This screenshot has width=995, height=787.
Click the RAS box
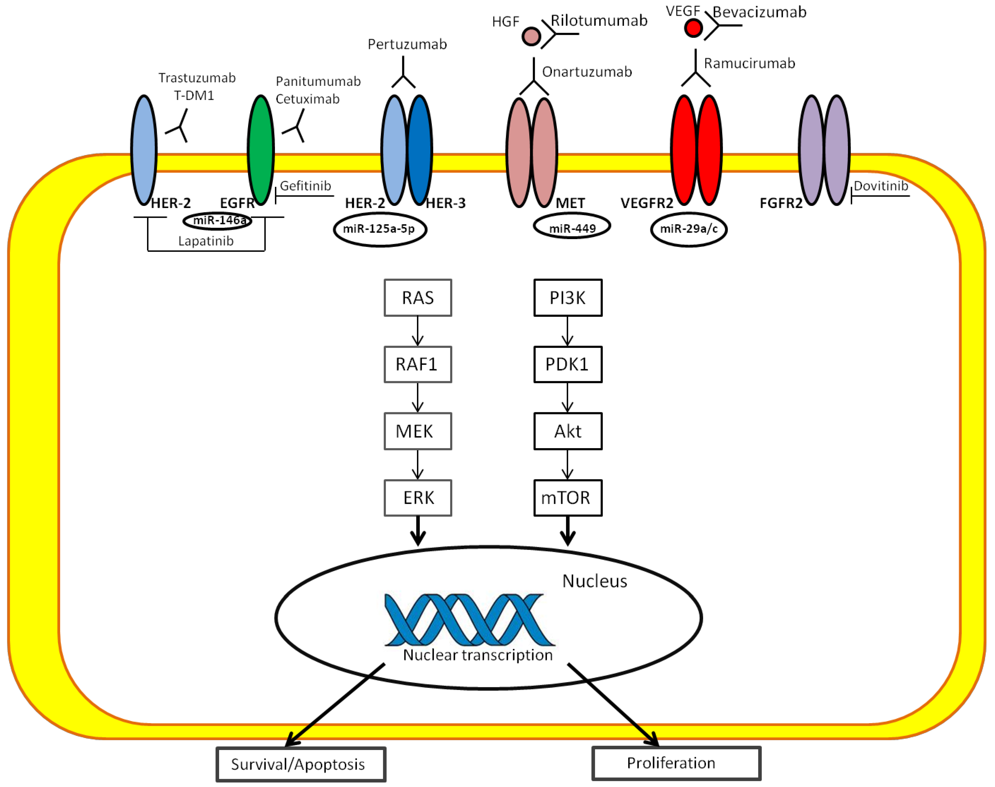[418, 298]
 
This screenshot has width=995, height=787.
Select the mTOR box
[568, 498]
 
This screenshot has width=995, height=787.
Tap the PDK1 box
[568, 364]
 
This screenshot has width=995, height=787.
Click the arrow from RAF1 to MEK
[418, 398]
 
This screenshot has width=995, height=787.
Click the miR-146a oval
[218, 221]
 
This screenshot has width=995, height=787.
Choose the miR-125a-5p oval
[380, 229]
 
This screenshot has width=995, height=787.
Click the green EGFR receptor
[261, 150]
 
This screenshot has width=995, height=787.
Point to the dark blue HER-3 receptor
[420, 150]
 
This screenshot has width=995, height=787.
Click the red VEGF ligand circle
[693, 28]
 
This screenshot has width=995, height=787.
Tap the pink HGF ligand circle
[531, 36]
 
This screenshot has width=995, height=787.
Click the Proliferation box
[676, 764]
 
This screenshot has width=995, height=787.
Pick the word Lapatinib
[206, 241]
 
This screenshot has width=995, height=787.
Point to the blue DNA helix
[470, 619]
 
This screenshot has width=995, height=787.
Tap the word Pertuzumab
[407, 44]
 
